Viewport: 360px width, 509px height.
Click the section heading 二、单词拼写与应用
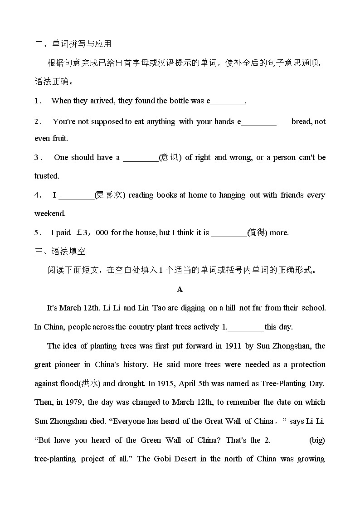pos(73,44)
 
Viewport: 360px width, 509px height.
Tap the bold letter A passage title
pos(180,289)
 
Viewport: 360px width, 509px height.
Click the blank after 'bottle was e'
pos(227,101)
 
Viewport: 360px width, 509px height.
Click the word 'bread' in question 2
pos(301,121)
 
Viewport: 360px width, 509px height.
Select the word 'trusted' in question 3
pos(46,176)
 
